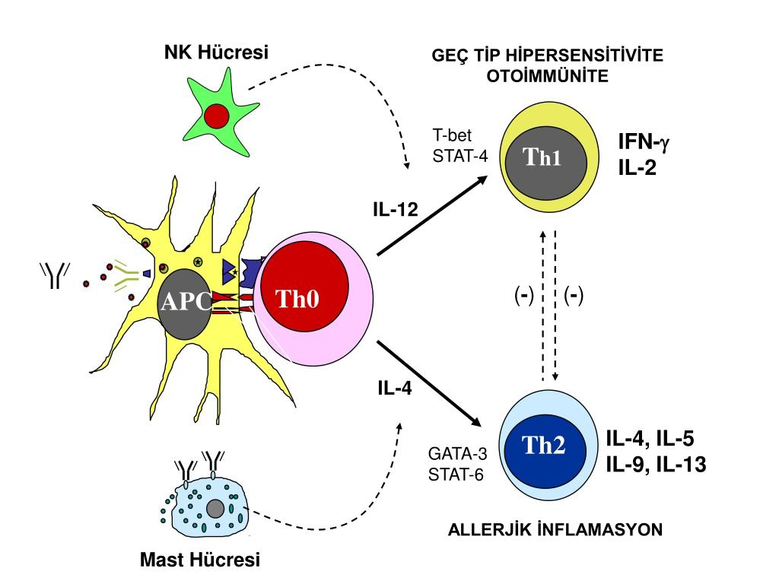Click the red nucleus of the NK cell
point(216,116)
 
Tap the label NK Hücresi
point(217,52)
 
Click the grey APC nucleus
point(185,300)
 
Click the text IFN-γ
point(647,141)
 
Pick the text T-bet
point(453,136)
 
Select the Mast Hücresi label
point(200,560)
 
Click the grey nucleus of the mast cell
point(215,507)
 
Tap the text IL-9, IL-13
point(656,463)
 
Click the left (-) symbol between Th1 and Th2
point(523,296)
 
